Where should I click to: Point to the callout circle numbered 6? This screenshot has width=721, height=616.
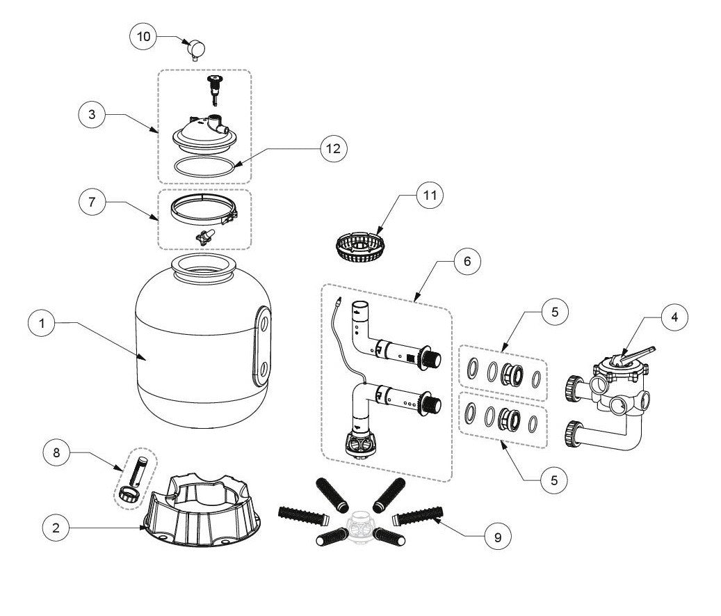pyautogui.click(x=467, y=261)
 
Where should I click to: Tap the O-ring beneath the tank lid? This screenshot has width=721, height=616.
pyautogui.click(x=204, y=167)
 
